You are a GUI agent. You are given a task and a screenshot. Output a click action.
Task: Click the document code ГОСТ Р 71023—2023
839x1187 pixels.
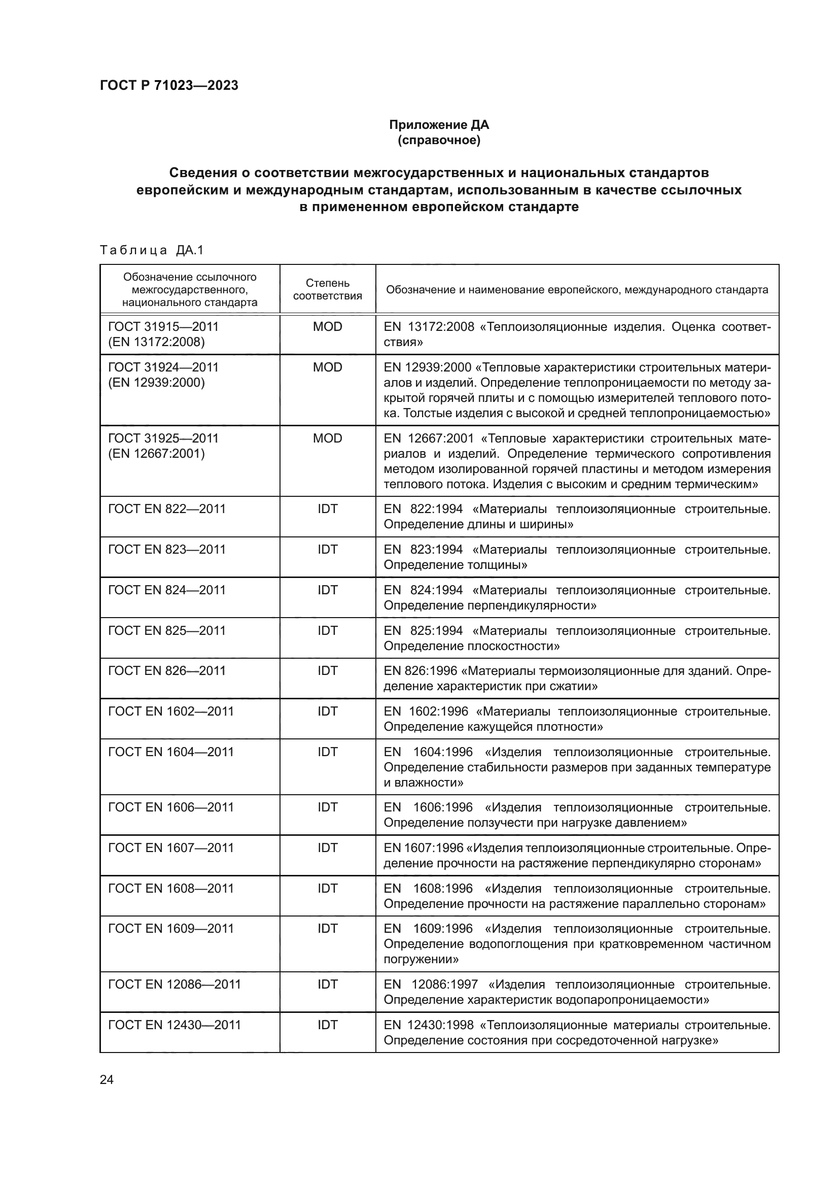click(169, 85)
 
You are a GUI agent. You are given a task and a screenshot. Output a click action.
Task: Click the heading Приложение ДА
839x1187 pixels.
click(439, 125)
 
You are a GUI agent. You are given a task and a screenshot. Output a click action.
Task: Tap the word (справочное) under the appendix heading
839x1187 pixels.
click(439, 140)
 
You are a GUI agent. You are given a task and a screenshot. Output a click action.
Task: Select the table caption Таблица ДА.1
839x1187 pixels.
click(152, 250)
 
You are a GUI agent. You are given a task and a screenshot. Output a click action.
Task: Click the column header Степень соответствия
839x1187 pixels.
click(328, 289)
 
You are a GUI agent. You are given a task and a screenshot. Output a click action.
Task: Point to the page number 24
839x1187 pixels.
click(107, 1079)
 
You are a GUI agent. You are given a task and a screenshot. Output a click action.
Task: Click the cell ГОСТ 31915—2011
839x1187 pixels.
click(163, 327)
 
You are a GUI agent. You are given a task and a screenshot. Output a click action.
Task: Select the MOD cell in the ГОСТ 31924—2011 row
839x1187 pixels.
click(328, 367)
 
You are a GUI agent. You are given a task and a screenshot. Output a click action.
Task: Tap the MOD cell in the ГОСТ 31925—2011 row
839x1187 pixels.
click(328, 438)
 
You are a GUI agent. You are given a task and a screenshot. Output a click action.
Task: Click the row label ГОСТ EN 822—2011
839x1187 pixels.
click(167, 508)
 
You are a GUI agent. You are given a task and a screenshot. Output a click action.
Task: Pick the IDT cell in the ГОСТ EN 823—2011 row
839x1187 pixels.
click(328, 550)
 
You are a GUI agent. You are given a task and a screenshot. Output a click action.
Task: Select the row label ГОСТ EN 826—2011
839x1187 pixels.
click(167, 670)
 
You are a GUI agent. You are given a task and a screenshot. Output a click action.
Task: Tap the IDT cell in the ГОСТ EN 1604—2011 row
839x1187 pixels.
click(328, 752)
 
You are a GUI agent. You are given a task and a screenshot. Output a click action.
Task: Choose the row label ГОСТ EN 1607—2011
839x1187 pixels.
click(171, 848)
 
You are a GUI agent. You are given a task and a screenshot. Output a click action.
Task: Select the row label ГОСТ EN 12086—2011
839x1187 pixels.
click(174, 985)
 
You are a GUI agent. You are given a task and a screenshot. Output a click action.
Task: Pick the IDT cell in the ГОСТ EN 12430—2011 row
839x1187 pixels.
click(328, 1025)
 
